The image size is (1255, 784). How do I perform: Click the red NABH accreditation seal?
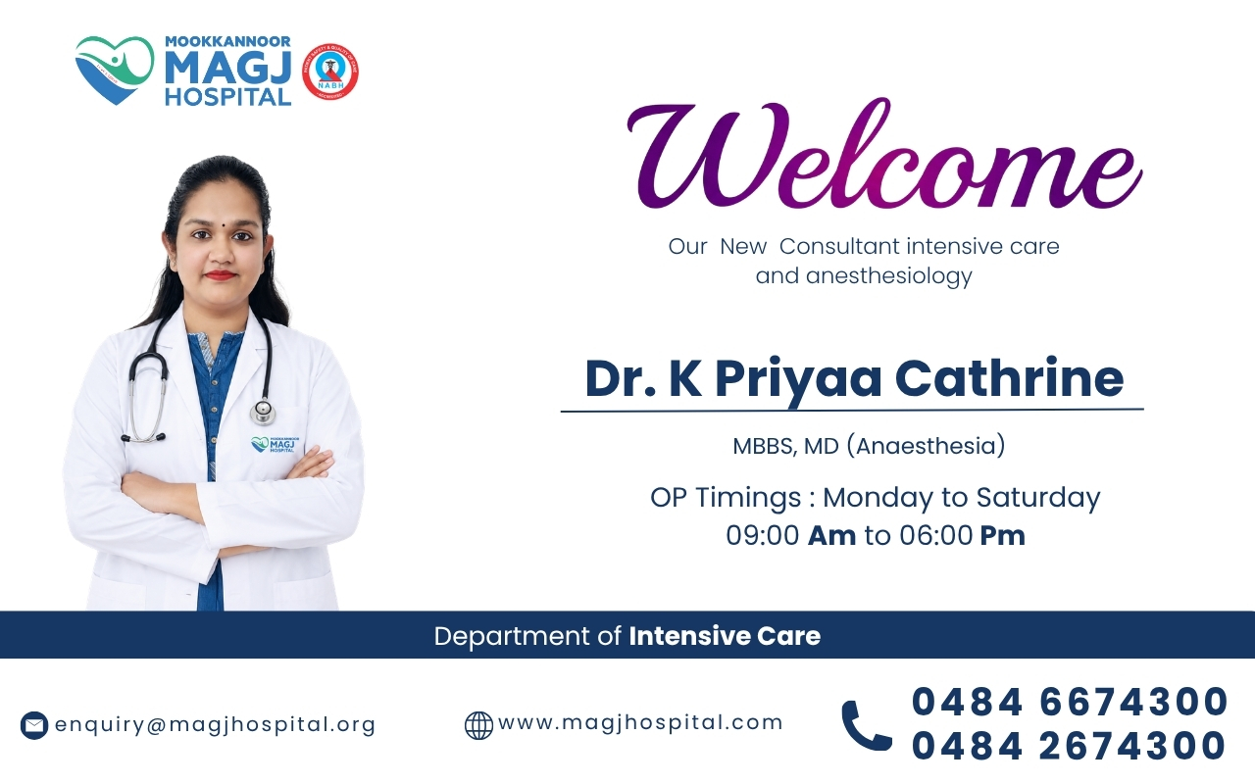[x=330, y=73]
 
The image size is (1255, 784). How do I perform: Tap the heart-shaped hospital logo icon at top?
[x=115, y=70]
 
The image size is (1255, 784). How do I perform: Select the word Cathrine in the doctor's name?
[x=1010, y=379]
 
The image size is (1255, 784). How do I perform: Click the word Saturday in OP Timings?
[x=1038, y=499]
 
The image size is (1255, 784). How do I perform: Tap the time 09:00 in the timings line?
[x=763, y=535]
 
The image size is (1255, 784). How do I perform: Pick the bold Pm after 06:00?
[x=1002, y=536]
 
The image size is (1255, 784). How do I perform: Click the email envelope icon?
[x=34, y=725]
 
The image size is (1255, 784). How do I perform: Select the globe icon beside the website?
[x=478, y=725]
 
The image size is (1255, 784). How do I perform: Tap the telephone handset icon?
[x=866, y=725]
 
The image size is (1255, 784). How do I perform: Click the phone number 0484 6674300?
[x=1070, y=702]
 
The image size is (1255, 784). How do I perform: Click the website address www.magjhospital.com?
[x=640, y=722]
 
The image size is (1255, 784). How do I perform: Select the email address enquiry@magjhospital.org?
[x=215, y=724]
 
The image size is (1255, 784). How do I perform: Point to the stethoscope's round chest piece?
[x=263, y=412]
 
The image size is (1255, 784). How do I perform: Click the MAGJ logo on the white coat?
[x=276, y=445]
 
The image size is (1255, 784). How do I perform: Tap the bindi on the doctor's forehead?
[x=223, y=224]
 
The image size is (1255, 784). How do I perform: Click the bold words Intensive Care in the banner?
[x=725, y=636]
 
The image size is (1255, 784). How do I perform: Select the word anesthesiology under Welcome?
[x=888, y=276]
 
